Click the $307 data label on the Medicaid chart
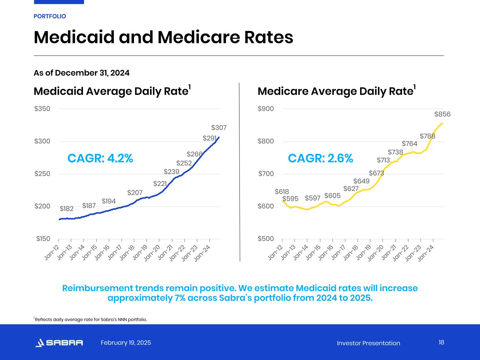point(219,128)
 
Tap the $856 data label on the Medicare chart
point(442,114)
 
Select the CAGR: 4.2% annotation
point(100,159)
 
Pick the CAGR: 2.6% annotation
point(320,159)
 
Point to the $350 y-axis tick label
point(42,109)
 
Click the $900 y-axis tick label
point(265,109)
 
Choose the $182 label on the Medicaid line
point(66,209)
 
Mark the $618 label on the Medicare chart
point(282,192)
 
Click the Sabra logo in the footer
point(59,343)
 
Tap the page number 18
point(441,342)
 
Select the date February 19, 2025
point(126,343)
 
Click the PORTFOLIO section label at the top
point(50,16)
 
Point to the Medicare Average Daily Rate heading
point(335,91)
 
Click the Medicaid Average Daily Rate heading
point(111,91)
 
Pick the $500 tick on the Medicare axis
point(265,239)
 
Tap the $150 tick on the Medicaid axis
point(43,239)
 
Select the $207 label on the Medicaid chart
point(135,193)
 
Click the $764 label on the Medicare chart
point(409,144)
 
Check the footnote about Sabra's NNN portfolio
point(90,320)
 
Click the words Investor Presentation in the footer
point(368,343)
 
